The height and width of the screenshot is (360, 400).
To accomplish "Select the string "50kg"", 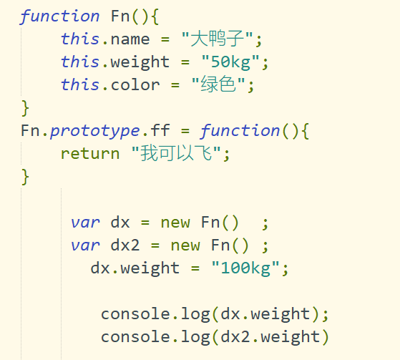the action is point(230,62).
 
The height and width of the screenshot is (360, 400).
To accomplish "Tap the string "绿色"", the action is point(218,84).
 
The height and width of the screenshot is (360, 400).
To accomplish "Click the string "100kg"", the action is point(245,268).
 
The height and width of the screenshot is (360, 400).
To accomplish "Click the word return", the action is point(90,154).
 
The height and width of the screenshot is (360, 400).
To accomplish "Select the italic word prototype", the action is point(95,131).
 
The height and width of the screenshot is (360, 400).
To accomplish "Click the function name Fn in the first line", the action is point(120,16).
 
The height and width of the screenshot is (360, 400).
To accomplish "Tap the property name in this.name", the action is point(130,40).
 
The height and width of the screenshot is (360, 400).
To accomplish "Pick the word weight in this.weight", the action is point(140,62).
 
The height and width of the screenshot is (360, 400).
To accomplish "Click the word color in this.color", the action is point(135,85).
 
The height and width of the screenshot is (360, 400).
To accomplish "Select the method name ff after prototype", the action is point(160,130).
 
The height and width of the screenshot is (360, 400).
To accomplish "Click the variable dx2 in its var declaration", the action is point(125,245).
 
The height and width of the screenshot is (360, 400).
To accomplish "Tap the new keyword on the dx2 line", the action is point(185,246).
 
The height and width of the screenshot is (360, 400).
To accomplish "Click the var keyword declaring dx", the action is point(85,223).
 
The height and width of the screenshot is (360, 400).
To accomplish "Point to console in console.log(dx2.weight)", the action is point(135,337).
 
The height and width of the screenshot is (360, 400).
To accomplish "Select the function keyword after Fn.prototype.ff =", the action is point(240,131).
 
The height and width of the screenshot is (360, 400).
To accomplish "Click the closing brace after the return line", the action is point(25,177).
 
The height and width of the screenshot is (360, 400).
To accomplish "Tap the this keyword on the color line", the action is point(80,84).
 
